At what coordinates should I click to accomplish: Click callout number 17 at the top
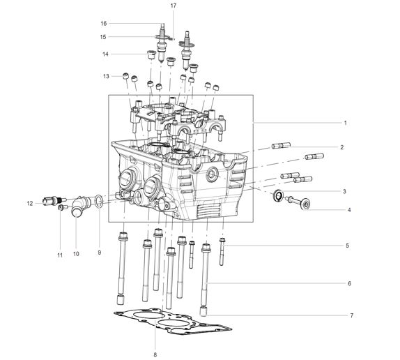pos(174,6)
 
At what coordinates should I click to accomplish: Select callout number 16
pos(104,24)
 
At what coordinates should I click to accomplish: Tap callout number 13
pos(106,76)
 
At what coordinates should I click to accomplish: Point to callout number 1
pos(346,123)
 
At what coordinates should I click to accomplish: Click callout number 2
pos(342,147)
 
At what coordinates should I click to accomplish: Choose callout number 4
pos(349,210)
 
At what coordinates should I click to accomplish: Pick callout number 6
pos(350,283)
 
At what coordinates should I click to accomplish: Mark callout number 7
pos(351,315)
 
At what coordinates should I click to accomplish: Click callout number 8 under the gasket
pos(155,354)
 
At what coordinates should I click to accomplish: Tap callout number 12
pos(30,203)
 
